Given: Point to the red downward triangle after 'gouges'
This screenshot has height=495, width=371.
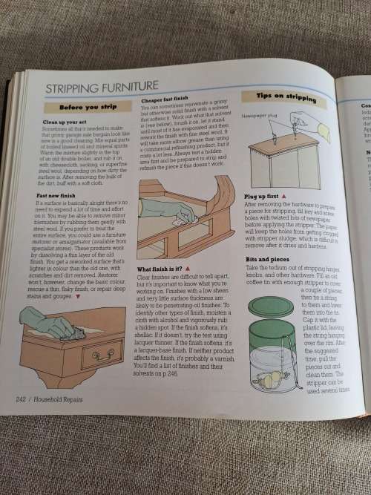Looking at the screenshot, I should point(76,296).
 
